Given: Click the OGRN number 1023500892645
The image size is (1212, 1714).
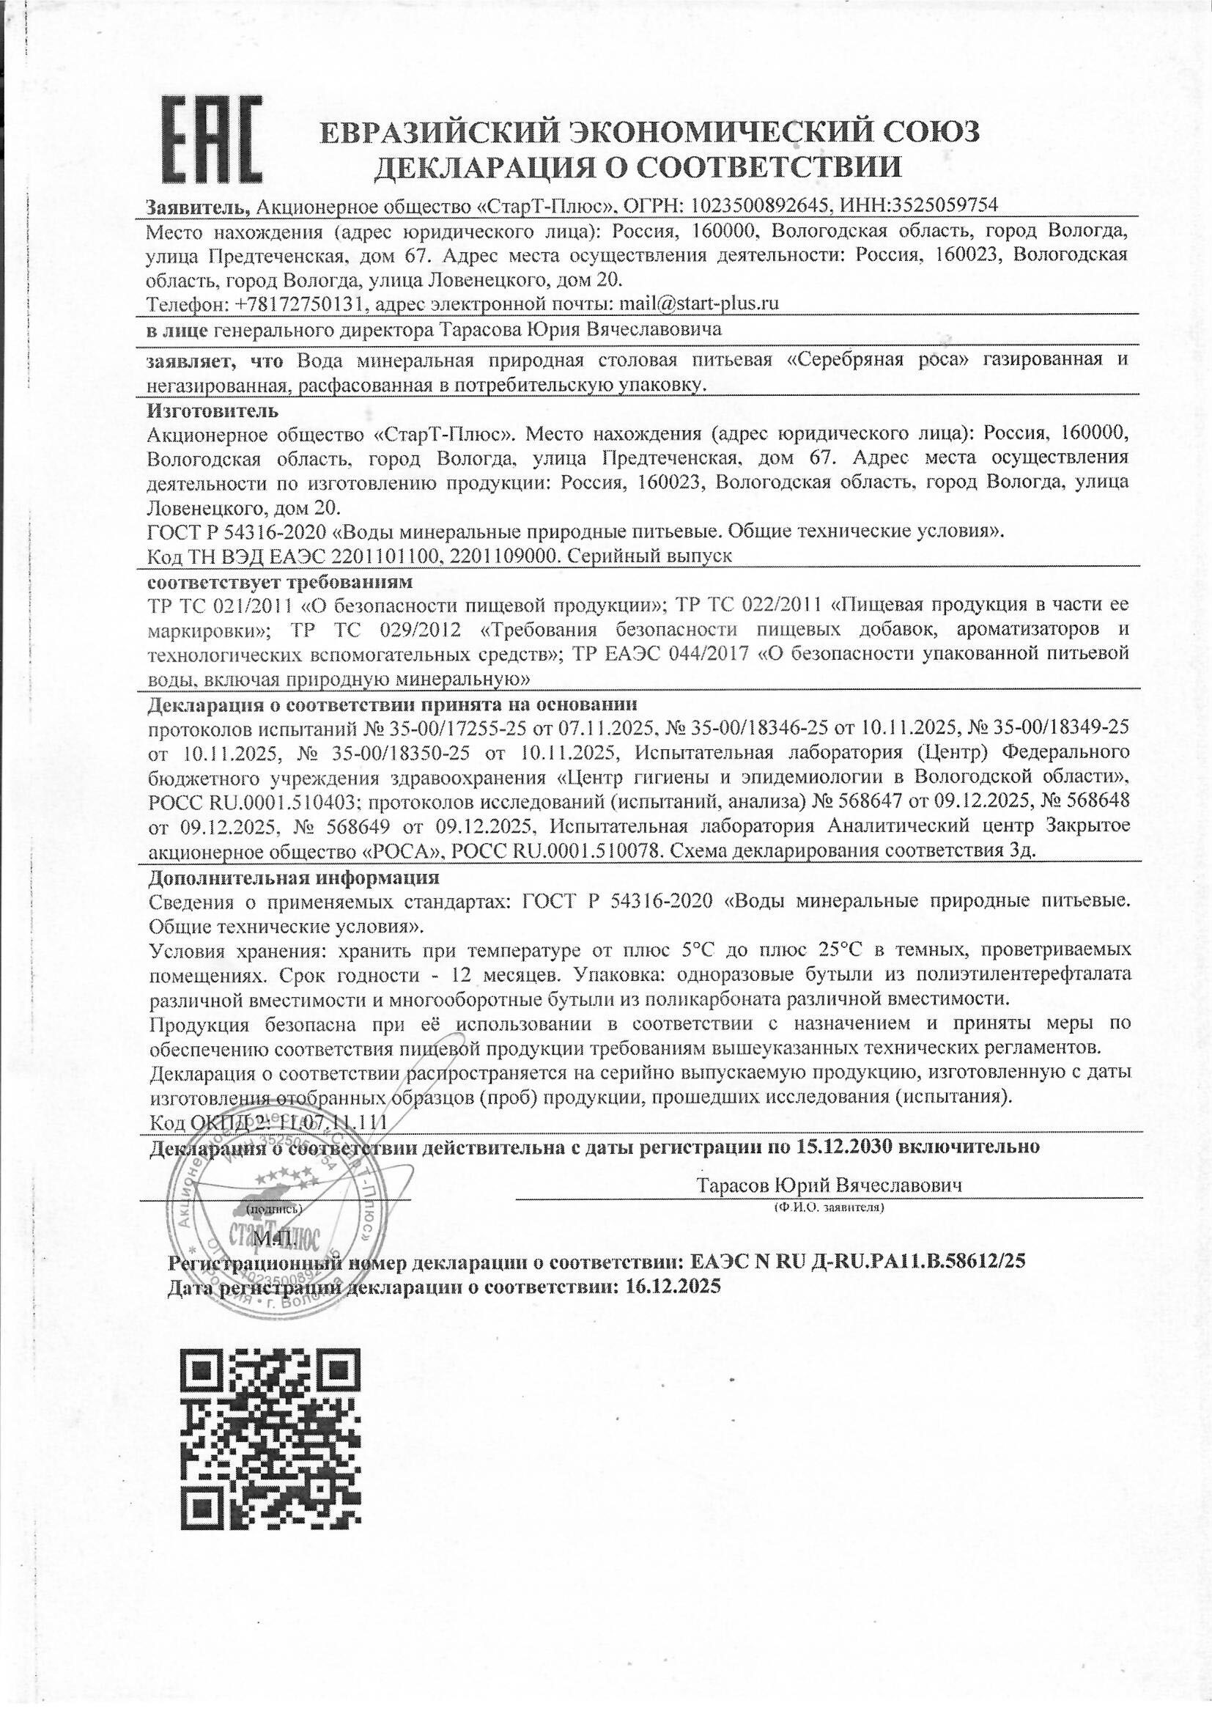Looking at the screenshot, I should [x=761, y=205].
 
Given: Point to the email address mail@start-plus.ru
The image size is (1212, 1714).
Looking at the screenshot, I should [x=694, y=304].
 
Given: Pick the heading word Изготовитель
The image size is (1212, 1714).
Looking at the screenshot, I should [x=213, y=410].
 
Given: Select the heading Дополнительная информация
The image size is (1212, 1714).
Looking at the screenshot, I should [x=294, y=876].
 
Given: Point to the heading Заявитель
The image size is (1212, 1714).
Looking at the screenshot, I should [x=194, y=205].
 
